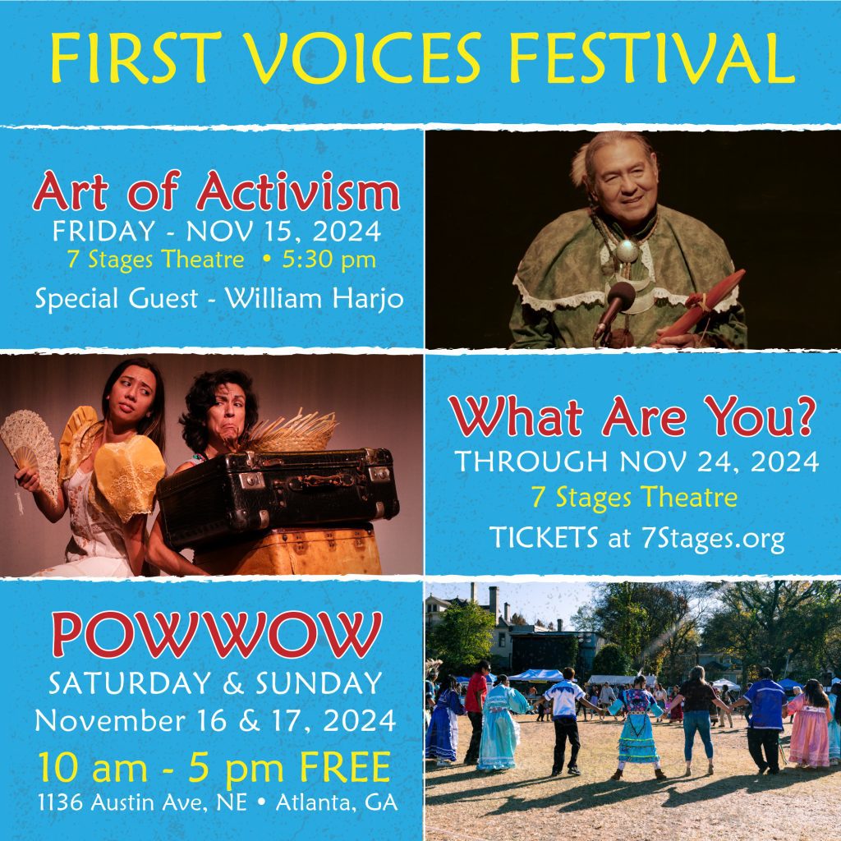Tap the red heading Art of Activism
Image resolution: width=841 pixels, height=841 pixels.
pos(216,191)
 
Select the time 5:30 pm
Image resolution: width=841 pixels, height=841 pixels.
pos(329,260)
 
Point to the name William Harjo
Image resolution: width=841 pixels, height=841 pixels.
pos(315,299)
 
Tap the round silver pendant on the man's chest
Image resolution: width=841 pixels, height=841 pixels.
pos(627,251)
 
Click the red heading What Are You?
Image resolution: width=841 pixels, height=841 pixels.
pos(632,416)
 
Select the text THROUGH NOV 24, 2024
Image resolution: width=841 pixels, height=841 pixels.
pos(636,462)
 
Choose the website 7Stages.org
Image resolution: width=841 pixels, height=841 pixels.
pos(713,538)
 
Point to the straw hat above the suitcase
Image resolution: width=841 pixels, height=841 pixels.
pos(290,432)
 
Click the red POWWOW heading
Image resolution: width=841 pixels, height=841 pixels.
pos(217,635)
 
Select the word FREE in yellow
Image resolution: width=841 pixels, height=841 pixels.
pos(345,768)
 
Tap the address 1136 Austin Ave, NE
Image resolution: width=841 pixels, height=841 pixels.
pos(143,803)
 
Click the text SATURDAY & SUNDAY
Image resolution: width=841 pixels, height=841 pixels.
pos(216,683)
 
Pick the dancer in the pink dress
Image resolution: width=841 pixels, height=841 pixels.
pos(809,724)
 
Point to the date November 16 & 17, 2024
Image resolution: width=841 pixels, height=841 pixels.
pos(216,721)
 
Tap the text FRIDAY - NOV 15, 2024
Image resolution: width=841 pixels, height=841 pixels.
pos(217,232)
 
